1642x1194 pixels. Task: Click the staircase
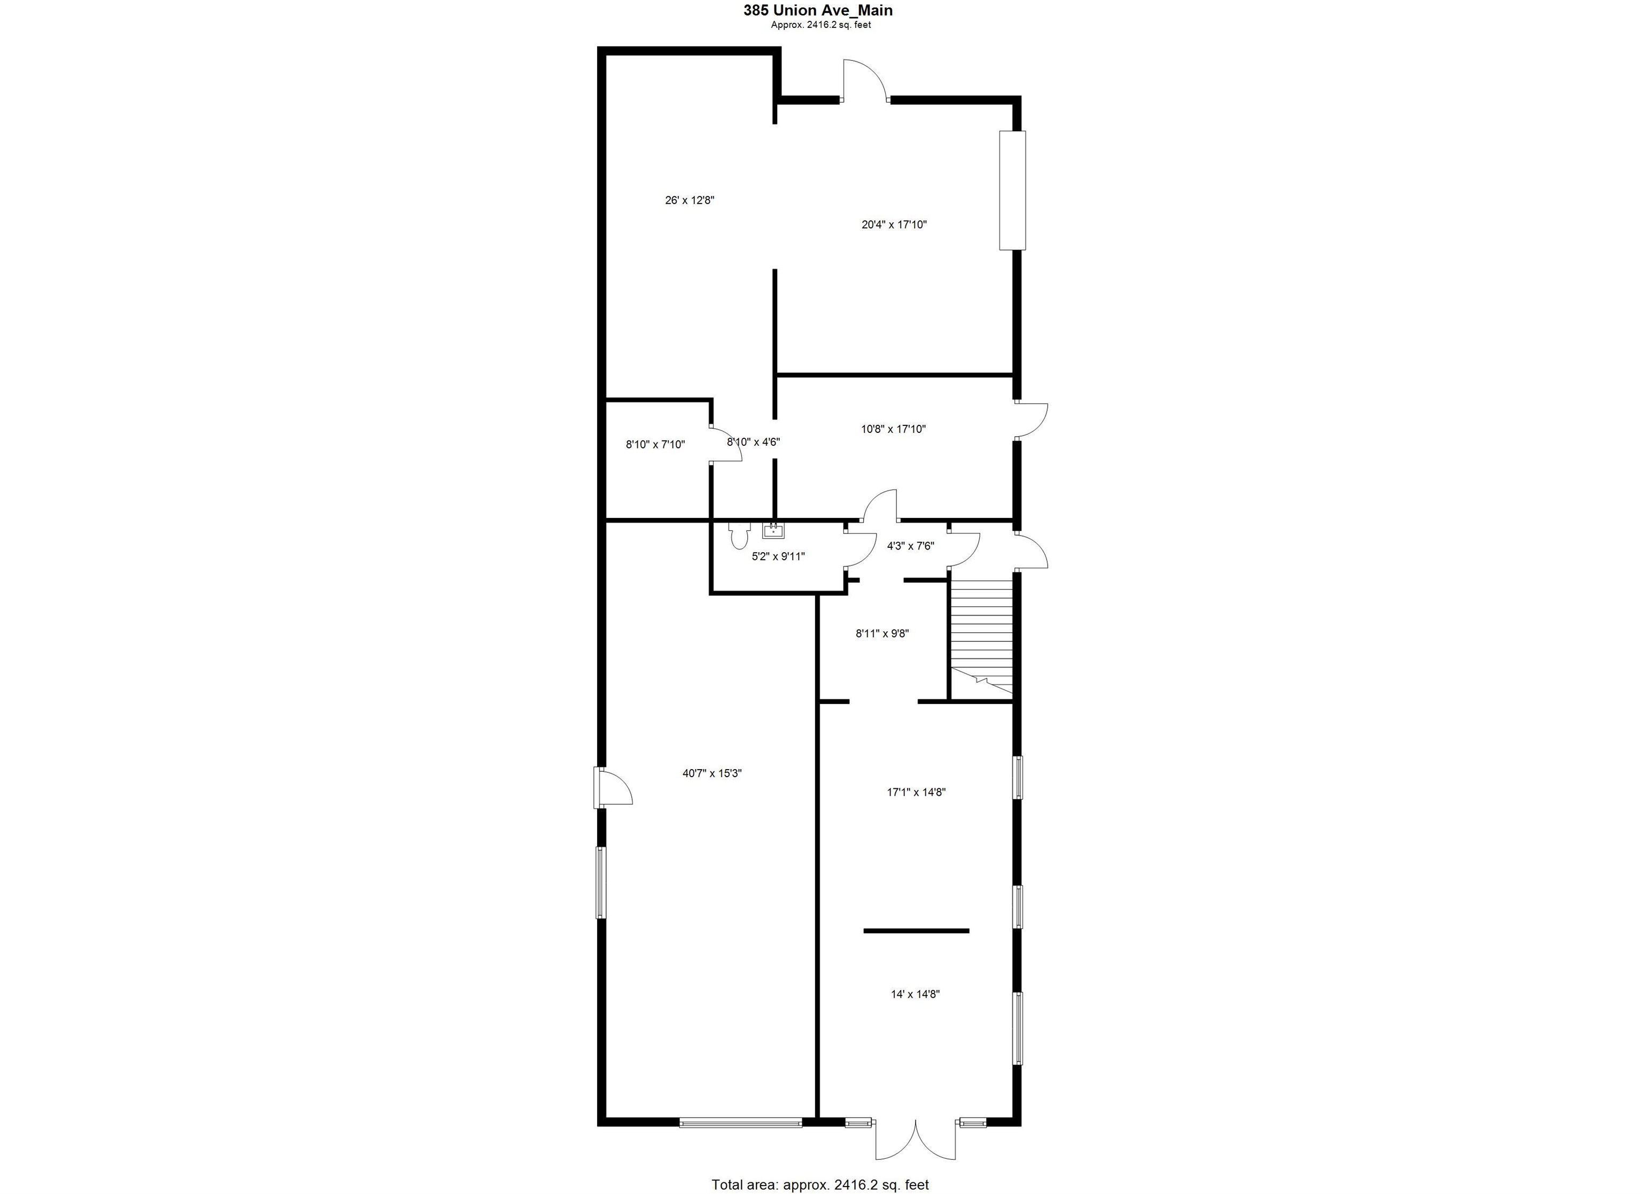point(981,637)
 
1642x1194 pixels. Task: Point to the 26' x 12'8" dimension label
point(689,200)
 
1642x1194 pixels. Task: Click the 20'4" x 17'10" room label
point(893,224)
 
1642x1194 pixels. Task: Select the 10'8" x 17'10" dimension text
point(893,429)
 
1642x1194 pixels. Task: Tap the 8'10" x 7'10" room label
point(655,445)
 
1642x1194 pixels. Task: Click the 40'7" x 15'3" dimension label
point(711,773)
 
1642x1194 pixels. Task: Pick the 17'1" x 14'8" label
point(916,792)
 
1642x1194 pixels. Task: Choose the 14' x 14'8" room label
point(915,994)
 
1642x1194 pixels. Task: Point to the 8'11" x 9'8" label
point(882,633)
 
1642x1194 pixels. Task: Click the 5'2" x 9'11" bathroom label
point(778,557)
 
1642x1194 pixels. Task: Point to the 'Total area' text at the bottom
point(819,1184)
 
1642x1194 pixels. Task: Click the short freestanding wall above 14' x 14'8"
point(916,931)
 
